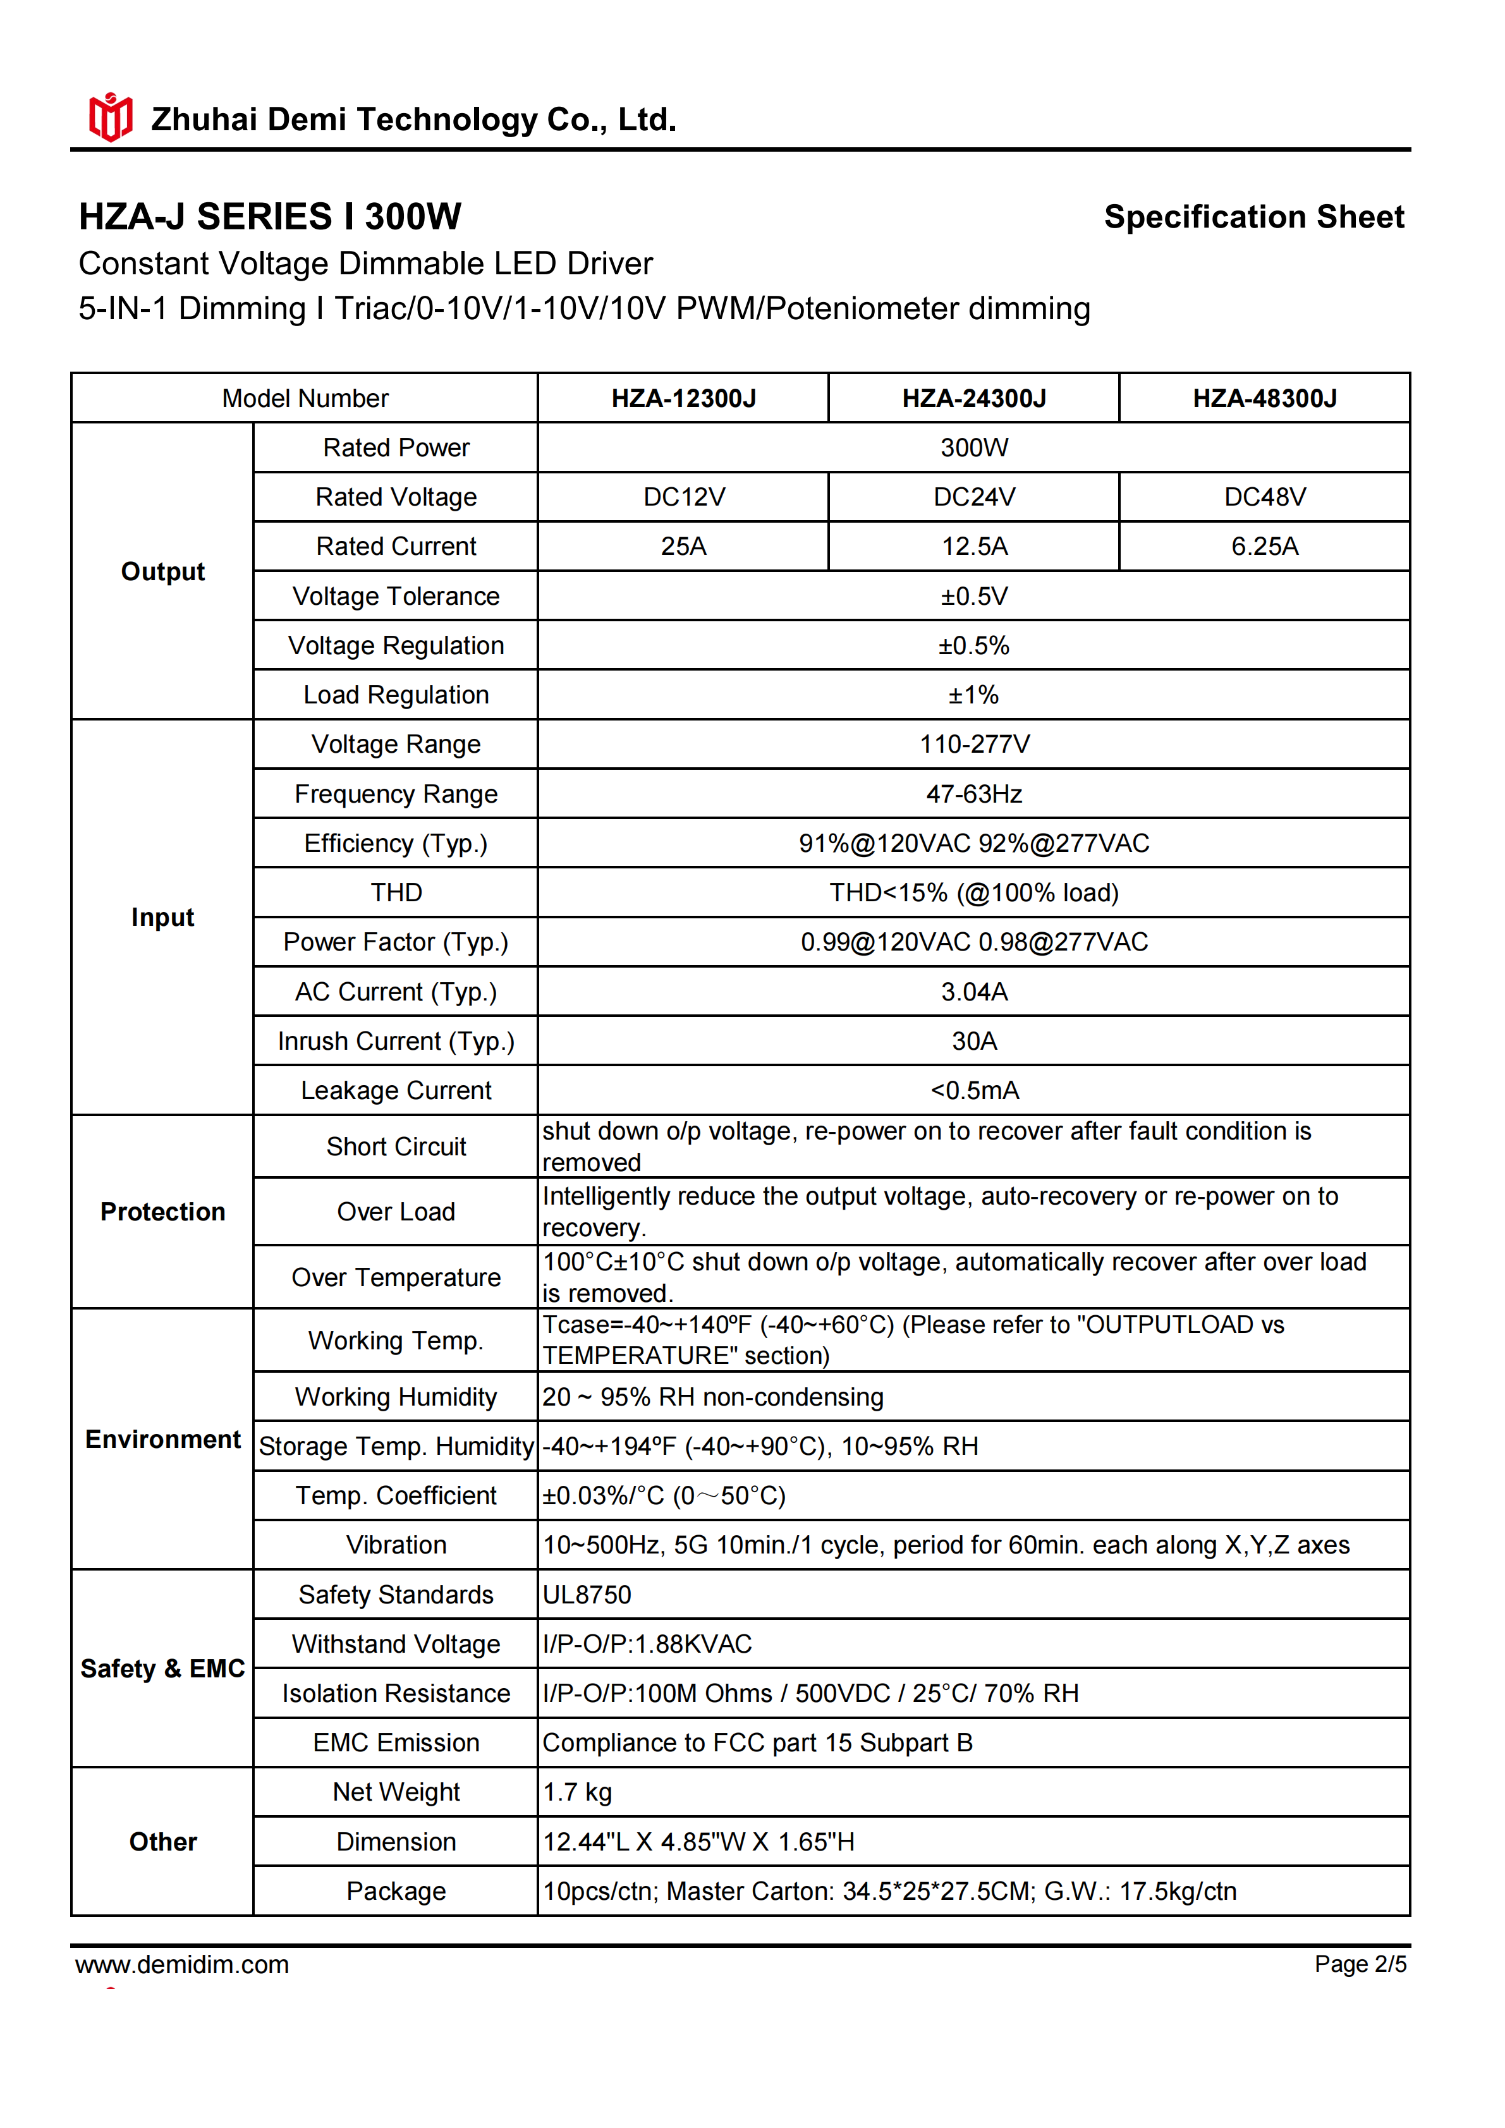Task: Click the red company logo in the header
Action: [x=110, y=118]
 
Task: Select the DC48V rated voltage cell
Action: [x=1264, y=497]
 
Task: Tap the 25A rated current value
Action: [x=683, y=546]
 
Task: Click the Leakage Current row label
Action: [x=396, y=1090]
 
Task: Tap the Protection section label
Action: [x=162, y=1212]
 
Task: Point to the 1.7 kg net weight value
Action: [x=576, y=1792]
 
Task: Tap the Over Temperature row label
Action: [x=396, y=1277]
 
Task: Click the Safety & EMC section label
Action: [x=162, y=1669]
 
